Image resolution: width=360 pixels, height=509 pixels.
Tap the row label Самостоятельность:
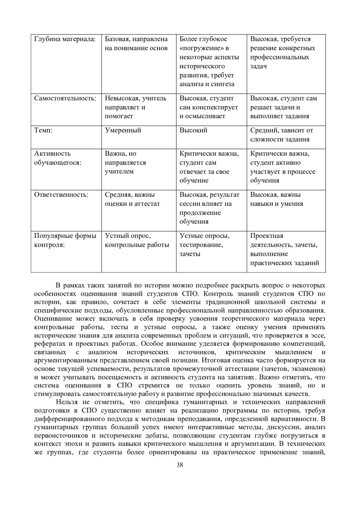pos(65,98)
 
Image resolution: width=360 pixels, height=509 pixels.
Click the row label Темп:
pos(43,130)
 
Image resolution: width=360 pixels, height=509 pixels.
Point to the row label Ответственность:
pos(61,195)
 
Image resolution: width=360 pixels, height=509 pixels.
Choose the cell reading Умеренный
pos(123,130)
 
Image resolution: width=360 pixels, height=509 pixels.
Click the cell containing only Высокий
pos(193,130)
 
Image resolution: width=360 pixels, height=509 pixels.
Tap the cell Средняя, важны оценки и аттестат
pos(132,199)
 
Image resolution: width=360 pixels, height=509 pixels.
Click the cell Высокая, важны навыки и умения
pos(277,199)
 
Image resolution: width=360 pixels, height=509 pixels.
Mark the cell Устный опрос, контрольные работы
pos(137,240)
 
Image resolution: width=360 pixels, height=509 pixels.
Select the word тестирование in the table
pos(201,245)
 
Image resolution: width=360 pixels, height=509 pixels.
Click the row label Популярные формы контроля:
pos(65,240)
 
